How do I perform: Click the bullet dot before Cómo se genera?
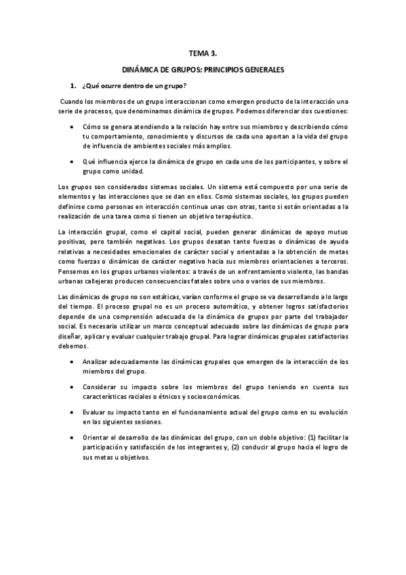point(73,127)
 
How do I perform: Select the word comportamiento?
point(118,136)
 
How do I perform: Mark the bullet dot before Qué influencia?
point(73,161)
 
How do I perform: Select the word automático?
point(201,307)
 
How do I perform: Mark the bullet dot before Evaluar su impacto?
point(73,412)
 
